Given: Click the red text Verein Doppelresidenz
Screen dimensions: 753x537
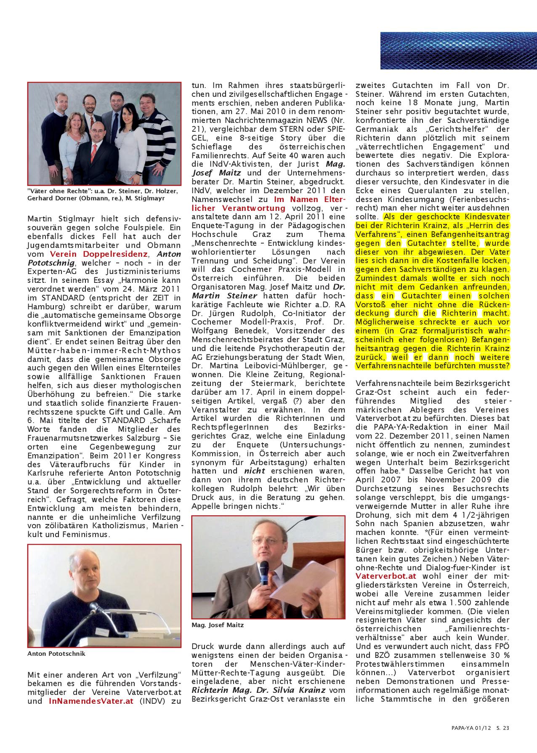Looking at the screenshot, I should pos(98,254).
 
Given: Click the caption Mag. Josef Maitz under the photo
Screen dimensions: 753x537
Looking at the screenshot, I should pos(218,625).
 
